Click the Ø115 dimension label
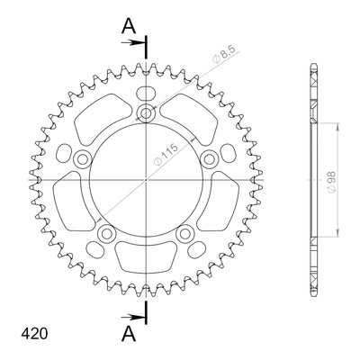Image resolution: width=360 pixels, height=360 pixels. click(x=166, y=155)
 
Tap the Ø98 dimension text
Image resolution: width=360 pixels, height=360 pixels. click(x=331, y=182)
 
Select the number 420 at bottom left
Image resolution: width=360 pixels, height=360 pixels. click(x=34, y=334)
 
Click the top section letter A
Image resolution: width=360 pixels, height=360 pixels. click(x=129, y=26)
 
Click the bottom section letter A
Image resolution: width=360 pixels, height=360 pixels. click(x=129, y=334)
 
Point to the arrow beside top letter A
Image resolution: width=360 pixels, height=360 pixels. click(x=131, y=42)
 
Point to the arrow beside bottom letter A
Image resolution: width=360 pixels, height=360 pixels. click(x=131, y=317)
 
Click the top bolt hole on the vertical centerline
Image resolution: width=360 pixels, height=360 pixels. click(x=146, y=113)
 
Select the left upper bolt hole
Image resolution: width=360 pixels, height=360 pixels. click(x=82, y=159)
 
